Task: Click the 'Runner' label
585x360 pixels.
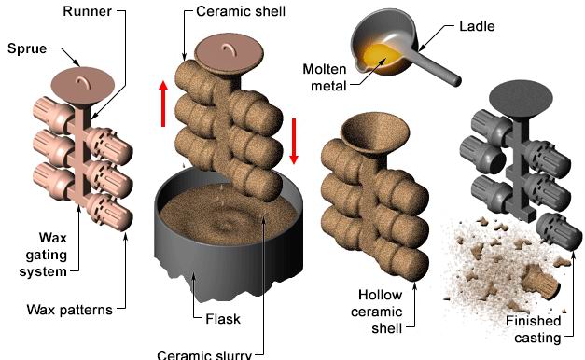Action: coord(87,11)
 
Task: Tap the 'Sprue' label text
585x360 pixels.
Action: coord(27,48)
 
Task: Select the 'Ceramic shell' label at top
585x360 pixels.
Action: coord(241,11)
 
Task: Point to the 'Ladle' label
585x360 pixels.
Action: coord(477,26)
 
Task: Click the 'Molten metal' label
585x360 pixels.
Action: coord(325,77)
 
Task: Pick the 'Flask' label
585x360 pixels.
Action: coord(223,319)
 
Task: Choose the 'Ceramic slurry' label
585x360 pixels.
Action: coord(204,354)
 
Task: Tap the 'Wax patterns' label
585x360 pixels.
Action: coord(69,310)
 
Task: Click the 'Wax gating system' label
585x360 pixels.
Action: coord(44,255)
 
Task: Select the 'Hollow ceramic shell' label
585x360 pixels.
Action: coord(377,312)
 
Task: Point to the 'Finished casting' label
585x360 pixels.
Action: coord(534,329)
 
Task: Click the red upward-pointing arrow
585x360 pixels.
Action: coord(163,104)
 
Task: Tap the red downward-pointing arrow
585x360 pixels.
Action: coord(294,142)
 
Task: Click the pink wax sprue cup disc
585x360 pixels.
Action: coord(82,86)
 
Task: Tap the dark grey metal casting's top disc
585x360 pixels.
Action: coord(521,99)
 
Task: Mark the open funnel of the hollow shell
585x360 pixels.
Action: coord(374,133)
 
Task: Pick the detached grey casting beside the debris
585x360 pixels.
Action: coord(558,231)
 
